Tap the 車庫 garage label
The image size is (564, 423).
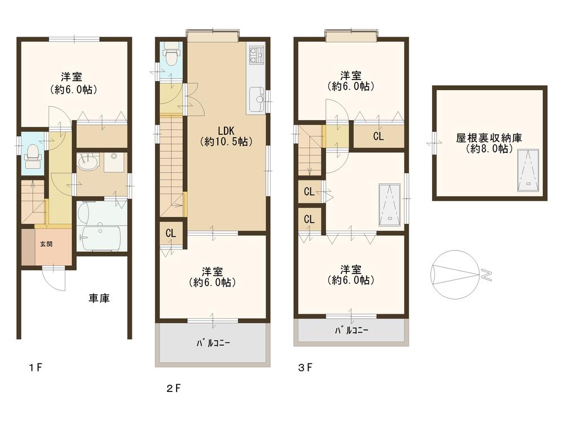98,298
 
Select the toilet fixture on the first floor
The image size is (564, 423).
33,153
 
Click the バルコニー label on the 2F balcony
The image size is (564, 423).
213,342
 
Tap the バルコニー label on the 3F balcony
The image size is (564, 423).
352,331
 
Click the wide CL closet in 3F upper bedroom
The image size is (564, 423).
378,136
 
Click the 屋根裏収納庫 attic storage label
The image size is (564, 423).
489,143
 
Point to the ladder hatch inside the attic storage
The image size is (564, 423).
528,170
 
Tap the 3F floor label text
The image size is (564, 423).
305,368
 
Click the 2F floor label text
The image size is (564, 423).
173,388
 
